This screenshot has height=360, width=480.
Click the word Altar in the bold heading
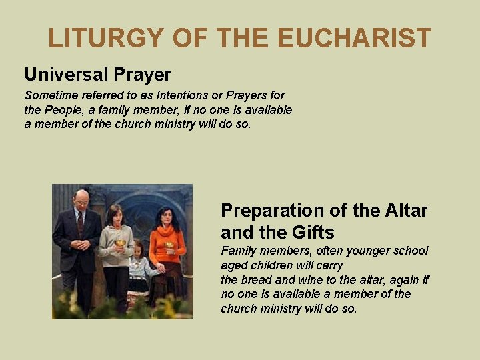point(407,211)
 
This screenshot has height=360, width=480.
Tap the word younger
point(356,251)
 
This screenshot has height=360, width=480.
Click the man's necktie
point(81,221)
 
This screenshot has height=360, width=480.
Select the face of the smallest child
point(138,250)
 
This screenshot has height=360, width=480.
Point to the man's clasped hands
point(80,244)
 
